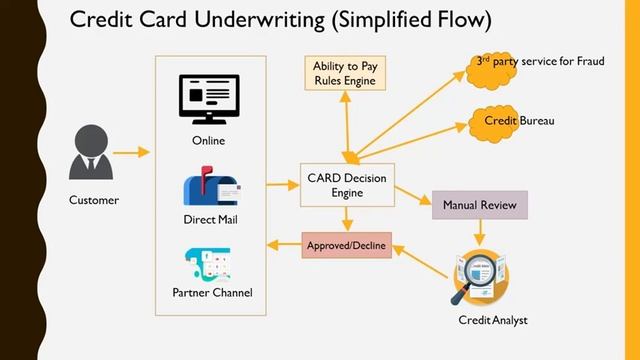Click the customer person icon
point(85,150)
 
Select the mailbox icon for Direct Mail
point(209,189)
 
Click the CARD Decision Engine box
point(347,185)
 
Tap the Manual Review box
point(479,205)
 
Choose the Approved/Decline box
point(346,244)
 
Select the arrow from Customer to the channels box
point(131,152)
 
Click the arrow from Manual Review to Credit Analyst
point(479,233)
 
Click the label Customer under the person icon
point(94,200)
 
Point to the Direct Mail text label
point(210,219)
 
